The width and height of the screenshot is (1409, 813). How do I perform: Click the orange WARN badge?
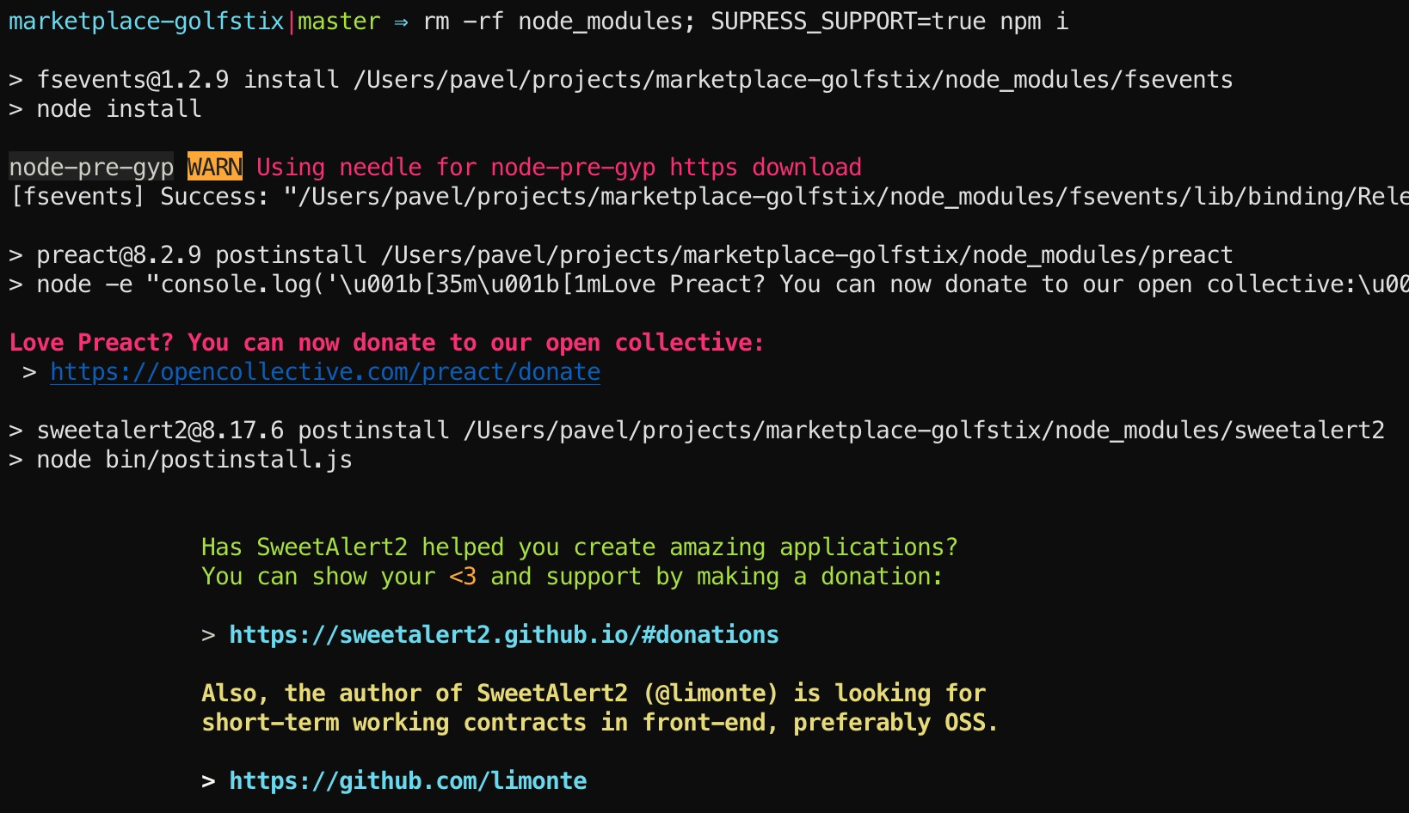(x=215, y=167)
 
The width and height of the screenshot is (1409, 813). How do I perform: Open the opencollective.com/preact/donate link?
(x=325, y=372)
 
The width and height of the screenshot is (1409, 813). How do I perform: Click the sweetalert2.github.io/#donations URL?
(x=503, y=635)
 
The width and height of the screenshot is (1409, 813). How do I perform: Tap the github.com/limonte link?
(x=408, y=781)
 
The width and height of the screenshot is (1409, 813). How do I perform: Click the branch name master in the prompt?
(x=339, y=21)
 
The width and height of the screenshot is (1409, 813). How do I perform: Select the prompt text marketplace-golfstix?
(x=146, y=21)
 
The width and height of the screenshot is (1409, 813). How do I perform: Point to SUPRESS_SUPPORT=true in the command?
(x=847, y=21)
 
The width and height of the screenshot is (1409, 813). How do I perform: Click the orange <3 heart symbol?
(x=463, y=577)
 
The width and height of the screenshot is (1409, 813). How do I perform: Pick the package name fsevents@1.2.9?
(x=132, y=80)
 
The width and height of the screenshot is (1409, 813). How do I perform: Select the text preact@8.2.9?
(x=119, y=255)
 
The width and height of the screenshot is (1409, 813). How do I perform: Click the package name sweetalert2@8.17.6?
(x=160, y=431)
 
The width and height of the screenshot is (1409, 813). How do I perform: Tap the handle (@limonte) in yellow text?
(x=711, y=694)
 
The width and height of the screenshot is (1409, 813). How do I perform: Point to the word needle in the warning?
(x=380, y=167)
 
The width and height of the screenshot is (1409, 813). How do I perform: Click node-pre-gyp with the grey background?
(x=91, y=167)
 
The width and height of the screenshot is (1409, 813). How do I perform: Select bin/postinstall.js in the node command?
(x=229, y=460)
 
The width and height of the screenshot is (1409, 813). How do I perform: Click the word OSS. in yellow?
(x=971, y=723)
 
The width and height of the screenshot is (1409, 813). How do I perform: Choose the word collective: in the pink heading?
(x=689, y=343)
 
